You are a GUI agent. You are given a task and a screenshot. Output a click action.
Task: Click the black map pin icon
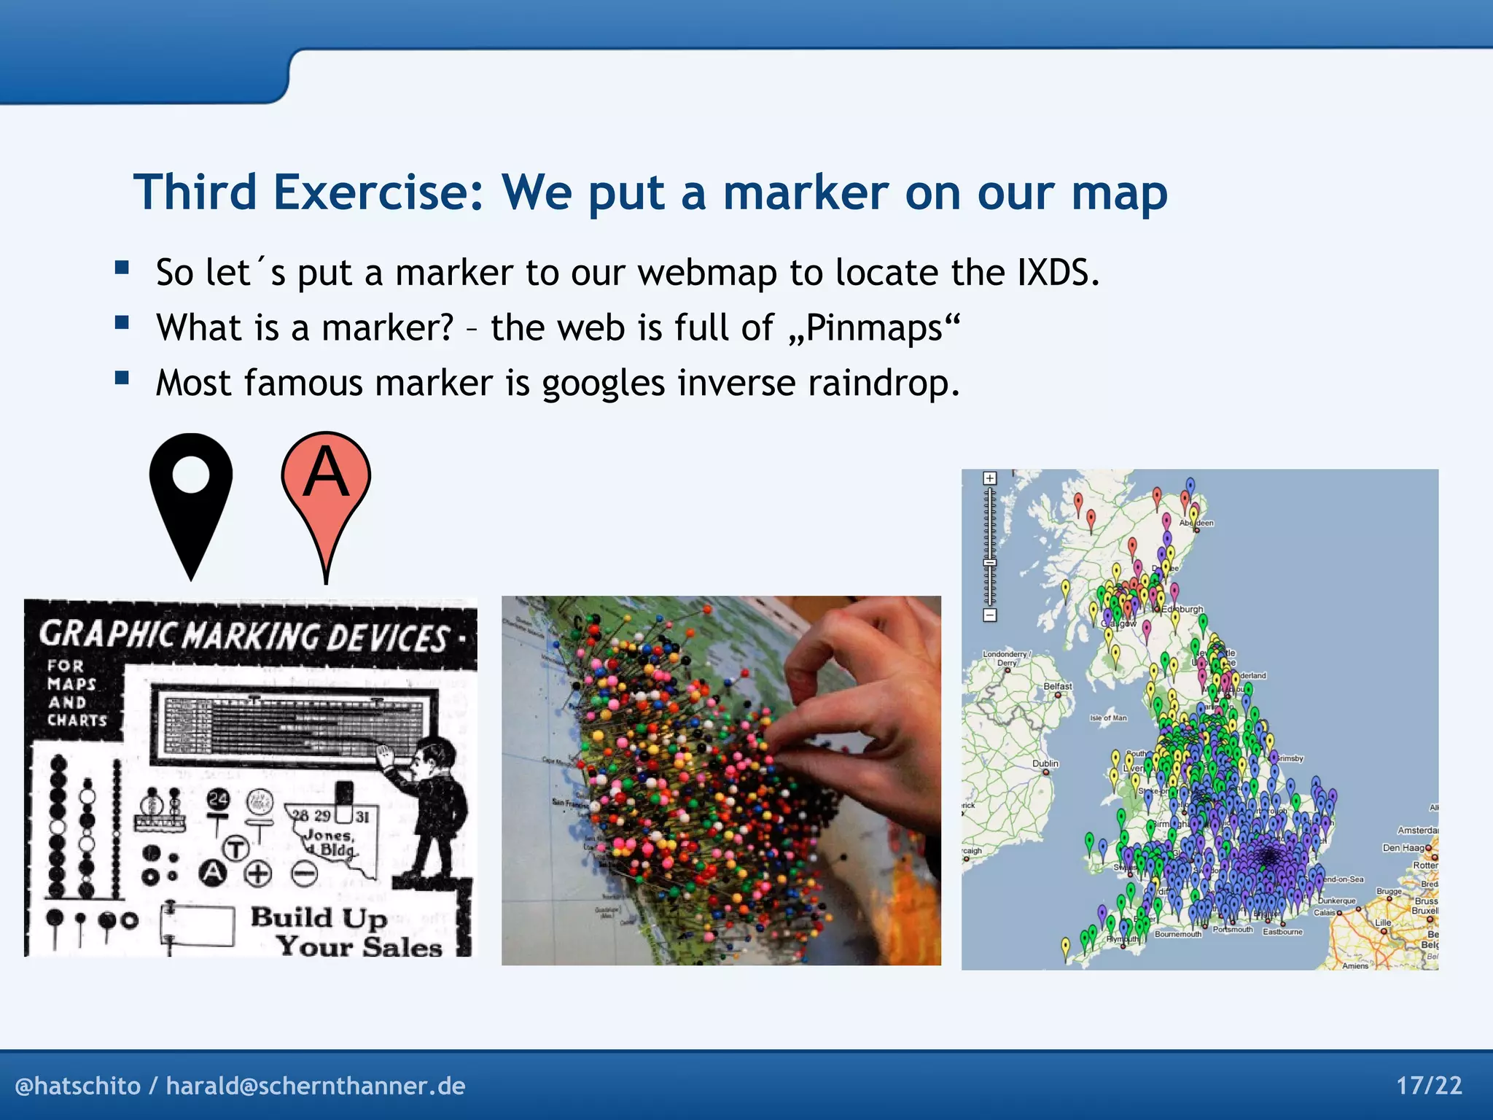click(191, 496)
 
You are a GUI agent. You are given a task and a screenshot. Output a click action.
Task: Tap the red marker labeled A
click(326, 489)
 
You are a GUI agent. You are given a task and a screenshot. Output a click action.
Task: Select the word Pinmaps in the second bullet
click(873, 327)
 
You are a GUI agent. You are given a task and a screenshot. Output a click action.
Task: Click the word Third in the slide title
click(195, 192)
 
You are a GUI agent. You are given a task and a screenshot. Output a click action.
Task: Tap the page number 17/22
click(1429, 1086)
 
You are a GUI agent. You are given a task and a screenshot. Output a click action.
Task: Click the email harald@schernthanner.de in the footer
click(316, 1086)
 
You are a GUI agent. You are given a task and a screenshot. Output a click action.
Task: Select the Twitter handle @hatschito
click(77, 1086)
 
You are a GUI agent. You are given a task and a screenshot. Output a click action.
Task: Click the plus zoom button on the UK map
click(989, 478)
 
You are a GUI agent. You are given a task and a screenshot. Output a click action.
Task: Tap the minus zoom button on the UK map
click(989, 615)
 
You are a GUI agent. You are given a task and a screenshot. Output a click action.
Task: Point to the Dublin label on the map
click(1045, 763)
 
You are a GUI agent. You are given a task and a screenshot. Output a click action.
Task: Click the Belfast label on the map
click(1057, 686)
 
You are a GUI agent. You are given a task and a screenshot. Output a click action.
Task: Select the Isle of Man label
click(1108, 718)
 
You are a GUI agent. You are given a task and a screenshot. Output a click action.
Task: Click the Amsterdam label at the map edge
click(1417, 831)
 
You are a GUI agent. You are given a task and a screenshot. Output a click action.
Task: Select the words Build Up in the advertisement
click(319, 917)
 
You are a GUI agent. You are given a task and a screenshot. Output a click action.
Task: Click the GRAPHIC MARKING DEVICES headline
click(244, 636)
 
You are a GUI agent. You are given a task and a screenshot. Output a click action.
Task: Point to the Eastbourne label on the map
click(1282, 932)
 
